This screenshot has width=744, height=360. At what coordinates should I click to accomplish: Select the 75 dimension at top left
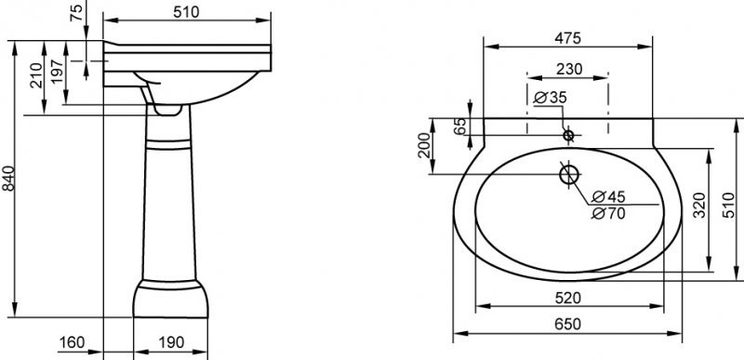click(77, 13)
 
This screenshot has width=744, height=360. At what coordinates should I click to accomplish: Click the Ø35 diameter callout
click(551, 97)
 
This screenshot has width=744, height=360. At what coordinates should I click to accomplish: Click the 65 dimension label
click(458, 128)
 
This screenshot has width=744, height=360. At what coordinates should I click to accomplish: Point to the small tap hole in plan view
click(569, 134)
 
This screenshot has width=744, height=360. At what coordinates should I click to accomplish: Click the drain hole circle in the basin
click(569, 173)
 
